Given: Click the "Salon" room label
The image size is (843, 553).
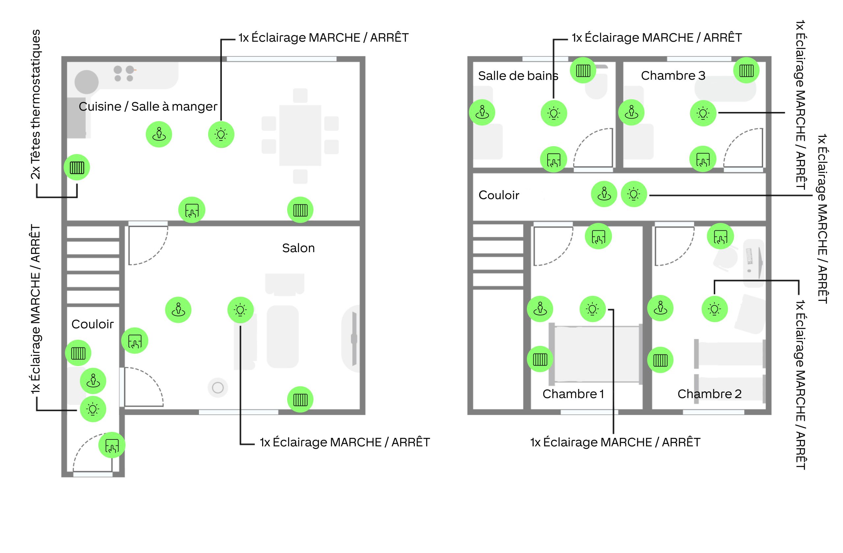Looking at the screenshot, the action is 298,248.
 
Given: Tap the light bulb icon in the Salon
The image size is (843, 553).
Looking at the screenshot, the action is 240,310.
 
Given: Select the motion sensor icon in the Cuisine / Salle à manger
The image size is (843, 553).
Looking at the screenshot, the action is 159,135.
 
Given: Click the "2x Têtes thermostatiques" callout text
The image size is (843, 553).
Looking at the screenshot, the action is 36,104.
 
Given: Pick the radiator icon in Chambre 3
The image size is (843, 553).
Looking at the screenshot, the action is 746,70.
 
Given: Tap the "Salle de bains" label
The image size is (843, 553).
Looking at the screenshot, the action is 518,76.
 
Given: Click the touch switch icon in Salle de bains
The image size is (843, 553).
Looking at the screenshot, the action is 554,160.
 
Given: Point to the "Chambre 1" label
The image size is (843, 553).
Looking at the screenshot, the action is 573,394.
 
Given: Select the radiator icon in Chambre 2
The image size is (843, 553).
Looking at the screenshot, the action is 660,360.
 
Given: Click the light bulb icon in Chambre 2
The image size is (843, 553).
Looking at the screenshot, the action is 715,309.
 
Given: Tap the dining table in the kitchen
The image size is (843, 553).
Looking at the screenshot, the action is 300,135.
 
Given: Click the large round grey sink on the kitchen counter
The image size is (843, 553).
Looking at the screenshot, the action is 86,82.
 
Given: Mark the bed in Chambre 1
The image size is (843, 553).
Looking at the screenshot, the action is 596,354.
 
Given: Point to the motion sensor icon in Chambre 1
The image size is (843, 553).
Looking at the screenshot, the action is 540,309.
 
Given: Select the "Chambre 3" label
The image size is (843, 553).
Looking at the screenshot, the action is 673,75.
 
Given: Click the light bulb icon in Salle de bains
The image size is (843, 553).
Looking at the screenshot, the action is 554,113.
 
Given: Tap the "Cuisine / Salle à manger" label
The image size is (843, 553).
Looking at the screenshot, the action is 148,106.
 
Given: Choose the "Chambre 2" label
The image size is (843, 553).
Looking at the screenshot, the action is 709,394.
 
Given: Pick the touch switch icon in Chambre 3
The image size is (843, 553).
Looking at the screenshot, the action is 703,159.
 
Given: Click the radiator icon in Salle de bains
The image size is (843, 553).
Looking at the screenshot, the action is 583,70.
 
